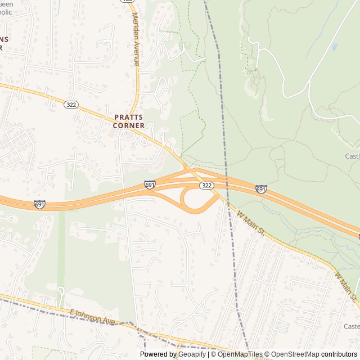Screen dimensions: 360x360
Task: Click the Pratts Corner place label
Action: coord(129,121)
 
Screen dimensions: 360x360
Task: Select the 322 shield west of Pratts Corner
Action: coord(71,105)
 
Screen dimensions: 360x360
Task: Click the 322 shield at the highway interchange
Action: coord(206,185)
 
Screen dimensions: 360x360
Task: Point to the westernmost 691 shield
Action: coord(39,204)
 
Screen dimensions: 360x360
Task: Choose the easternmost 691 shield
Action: coord(261,190)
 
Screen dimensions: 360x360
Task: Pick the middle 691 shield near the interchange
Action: coord(150,184)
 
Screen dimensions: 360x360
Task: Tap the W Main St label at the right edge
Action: coord(346,288)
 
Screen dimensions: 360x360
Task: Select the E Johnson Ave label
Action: coord(92,317)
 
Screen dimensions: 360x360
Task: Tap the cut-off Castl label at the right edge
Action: coord(352,156)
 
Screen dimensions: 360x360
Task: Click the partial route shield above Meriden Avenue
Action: coord(129,1)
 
